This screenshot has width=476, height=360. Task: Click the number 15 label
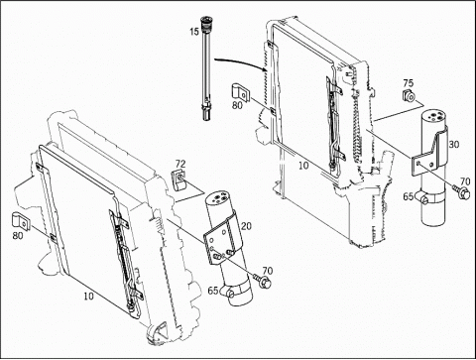pos(194,32)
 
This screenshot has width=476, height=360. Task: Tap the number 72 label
pos(180,164)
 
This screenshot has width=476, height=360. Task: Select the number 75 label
pos(409,83)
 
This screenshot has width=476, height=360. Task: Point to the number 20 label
pos(246,226)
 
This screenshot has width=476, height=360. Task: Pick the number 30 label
pos(454,145)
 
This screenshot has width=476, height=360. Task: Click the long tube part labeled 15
pos(206,67)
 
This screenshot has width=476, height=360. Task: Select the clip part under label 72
pos(179,180)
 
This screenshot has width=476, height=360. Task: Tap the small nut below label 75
pos(409,96)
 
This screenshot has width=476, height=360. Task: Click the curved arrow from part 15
pos(241,62)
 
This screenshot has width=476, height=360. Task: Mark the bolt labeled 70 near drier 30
pos(462,192)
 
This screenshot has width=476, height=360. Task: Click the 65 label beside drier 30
pos(409,196)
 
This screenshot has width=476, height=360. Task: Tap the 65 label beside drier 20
pos(213,291)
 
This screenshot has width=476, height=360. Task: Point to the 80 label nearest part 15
pos(237,105)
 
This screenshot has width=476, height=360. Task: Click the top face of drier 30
pos(434,117)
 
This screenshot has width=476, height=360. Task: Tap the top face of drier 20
pos(217,198)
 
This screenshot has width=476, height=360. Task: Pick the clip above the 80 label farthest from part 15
pos(21,221)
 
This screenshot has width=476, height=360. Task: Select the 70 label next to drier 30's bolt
pos(465,181)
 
